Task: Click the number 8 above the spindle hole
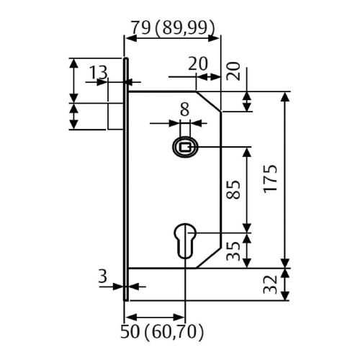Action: point(184,110)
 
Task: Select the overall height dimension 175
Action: point(271,178)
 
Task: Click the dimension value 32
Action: point(271,285)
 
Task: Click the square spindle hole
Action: point(184,148)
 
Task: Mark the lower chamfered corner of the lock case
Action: point(210,258)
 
